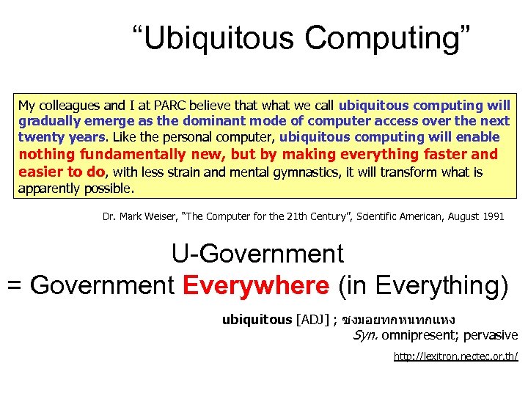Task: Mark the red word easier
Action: coord(41,172)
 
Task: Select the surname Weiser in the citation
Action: coord(165,217)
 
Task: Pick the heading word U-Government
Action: coord(257,254)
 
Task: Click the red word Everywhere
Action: coord(254,285)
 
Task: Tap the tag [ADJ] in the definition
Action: coord(312,320)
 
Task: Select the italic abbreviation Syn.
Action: coord(365,335)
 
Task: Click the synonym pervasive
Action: coord(491,335)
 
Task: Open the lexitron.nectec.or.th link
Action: coord(455,356)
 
